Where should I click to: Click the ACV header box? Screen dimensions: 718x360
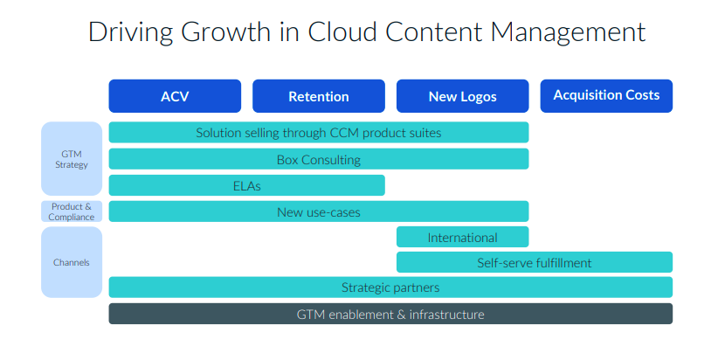(x=175, y=96)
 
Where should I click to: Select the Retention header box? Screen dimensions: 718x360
(x=319, y=96)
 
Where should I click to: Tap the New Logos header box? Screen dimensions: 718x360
(x=462, y=96)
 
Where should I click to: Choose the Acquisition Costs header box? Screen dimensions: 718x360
(x=606, y=96)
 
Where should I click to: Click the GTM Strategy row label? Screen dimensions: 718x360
(x=72, y=158)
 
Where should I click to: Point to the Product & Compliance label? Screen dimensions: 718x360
(x=72, y=211)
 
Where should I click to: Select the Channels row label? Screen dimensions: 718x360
(x=72, y=262)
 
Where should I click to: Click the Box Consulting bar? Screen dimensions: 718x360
(x=319, y=159)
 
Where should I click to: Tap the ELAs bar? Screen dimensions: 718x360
(x=247, y=185)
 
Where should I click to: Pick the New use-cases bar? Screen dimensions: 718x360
(x=319, y=211)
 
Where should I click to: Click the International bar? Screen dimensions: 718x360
(x=462, y=238)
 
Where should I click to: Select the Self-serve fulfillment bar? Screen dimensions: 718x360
(x=535, y=262)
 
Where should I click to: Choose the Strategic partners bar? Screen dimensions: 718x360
(x=390, y=287)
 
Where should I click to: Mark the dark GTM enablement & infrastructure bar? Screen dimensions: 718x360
(x=390, y=314)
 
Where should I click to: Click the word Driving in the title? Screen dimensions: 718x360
(x=130, y=33)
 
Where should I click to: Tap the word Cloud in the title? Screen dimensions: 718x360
(x=342, y=32)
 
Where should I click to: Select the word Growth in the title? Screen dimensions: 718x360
(x=225, y=32)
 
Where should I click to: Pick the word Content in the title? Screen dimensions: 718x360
(x=432, y=32)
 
